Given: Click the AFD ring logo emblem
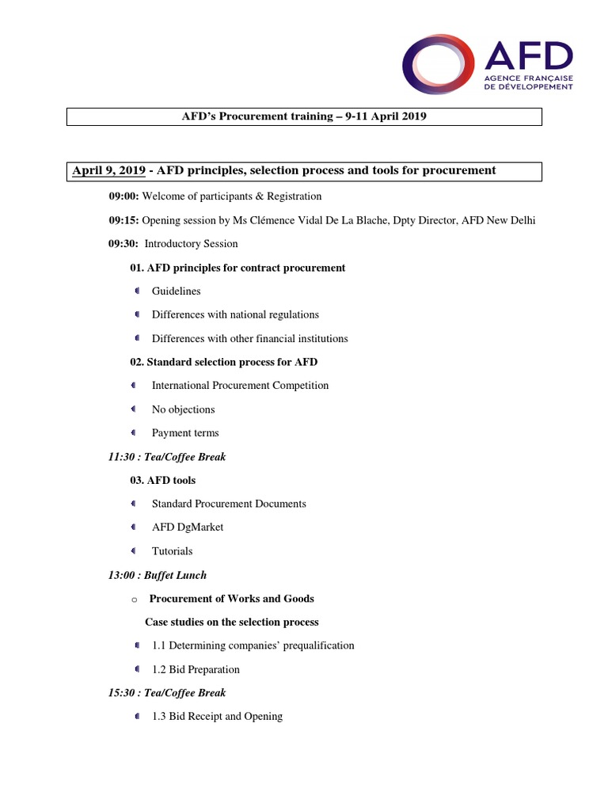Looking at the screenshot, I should coord(439,63).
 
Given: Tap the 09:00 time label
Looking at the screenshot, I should coord(123,196).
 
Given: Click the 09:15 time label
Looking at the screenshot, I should coord(123,220).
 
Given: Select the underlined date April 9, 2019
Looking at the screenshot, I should coord(108,170).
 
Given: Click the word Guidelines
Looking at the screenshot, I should coord(176,291).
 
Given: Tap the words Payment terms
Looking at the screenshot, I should coord(185,433).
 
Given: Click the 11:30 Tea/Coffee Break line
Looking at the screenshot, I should coord(167,457).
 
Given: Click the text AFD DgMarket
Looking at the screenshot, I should coord(188,527).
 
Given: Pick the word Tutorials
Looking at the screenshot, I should coord(172,551).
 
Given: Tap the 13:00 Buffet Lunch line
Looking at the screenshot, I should coord(158,575).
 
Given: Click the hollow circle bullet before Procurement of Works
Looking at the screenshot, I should coord(135,600).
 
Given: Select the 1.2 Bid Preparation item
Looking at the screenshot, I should coord(196,669).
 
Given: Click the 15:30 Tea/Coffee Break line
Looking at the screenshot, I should coord(167,693).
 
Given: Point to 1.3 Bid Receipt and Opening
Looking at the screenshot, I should coord(217,717).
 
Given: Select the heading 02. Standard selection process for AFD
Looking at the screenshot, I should coord(224,362).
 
